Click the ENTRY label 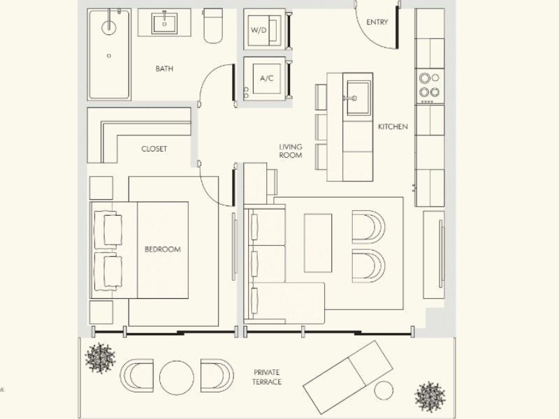click(x=377, y=22)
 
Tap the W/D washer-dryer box click(x=265, y=30)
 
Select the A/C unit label click(x=267, y=78)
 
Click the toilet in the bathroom click(x=213, y=26)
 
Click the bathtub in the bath click(x=109, y=54)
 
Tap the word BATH click(x=164, y=68)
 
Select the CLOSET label click(x=154, y=149)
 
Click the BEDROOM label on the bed click(x=163, y=249)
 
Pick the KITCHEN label click(x=393, y=126)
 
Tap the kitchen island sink click(x=358, y=98)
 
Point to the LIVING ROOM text click(x=291, y=151)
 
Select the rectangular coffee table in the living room click(x=318, y=243)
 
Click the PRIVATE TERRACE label click(x=267, y=377)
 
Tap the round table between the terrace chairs click(x=177, y=378)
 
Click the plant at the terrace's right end click(x=430, y=397)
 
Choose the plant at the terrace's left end click(x=100, y=358)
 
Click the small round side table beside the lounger click(x=384, y=390)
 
